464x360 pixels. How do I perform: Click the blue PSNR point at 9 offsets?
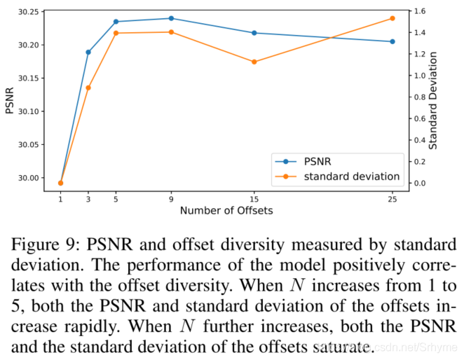click(171, 18)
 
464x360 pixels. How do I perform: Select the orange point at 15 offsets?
click(254, 62)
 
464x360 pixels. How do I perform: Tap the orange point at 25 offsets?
click(392, 18)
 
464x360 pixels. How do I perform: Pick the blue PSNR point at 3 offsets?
click(88, 53)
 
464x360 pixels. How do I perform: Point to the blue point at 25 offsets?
click(392, 41)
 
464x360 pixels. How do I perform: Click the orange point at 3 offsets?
click(88, 88)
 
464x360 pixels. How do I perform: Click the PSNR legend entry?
click(320, 161)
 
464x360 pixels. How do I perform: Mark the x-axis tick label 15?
click(254, 199)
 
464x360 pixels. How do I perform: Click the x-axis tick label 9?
click(171, 199)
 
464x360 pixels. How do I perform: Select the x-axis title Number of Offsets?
click(226, 211)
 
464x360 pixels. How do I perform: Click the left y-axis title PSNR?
click(9, 99)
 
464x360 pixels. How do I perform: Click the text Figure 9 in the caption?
click(42, 245)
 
